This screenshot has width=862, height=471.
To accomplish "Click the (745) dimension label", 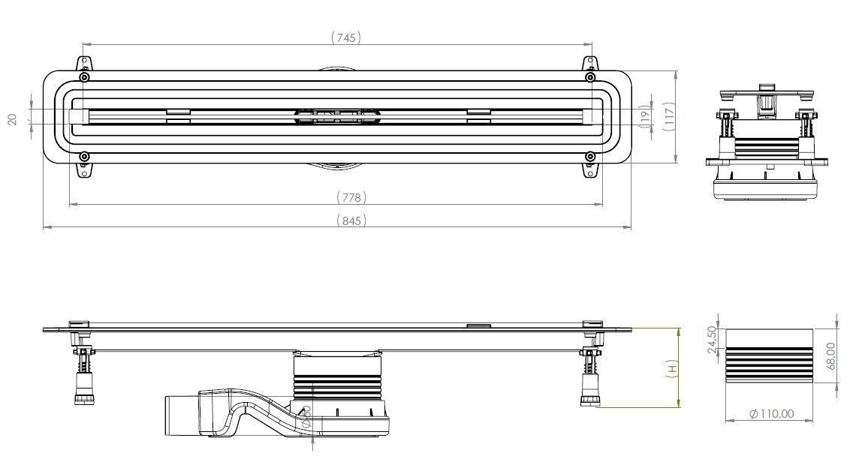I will (x=346, y=37).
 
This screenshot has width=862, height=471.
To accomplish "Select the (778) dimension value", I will (x=351, y=197).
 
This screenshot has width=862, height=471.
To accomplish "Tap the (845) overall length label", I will (x=351, y=220).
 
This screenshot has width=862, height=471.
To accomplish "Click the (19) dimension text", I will (x=645, y=118).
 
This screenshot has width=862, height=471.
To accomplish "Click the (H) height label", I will (x=674, y=367).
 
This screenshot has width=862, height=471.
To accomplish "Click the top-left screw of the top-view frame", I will (x=85, y=77).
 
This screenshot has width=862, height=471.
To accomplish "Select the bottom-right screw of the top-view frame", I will (x=590, y=157).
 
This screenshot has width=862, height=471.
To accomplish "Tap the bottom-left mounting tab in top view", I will (x=85, y=171).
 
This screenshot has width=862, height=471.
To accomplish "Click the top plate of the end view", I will (x=766, y=96).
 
